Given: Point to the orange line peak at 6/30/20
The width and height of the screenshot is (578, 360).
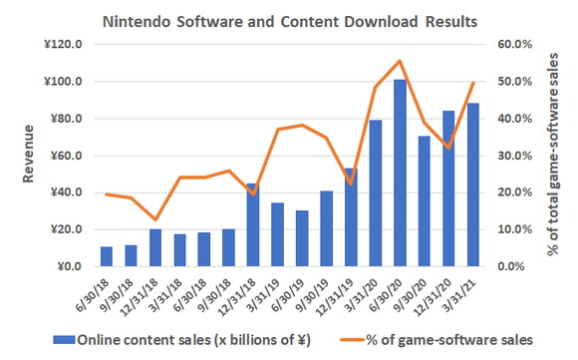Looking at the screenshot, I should pyautogui.click(x=400, y=61).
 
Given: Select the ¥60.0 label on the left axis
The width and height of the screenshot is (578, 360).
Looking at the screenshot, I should pyautogui.click(x=64, y=156).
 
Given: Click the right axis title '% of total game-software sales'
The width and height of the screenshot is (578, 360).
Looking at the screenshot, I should pyautogui.click(x=563, y=156).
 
